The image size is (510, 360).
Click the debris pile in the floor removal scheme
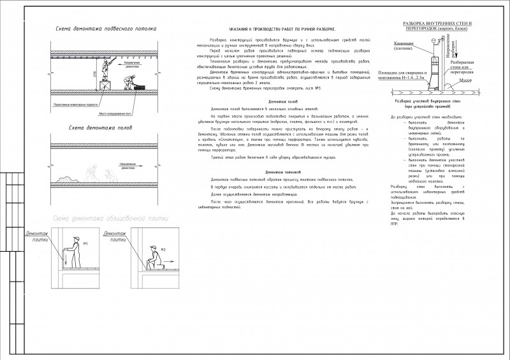click(89, 172)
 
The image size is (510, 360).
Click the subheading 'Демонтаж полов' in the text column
click(281, 102)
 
